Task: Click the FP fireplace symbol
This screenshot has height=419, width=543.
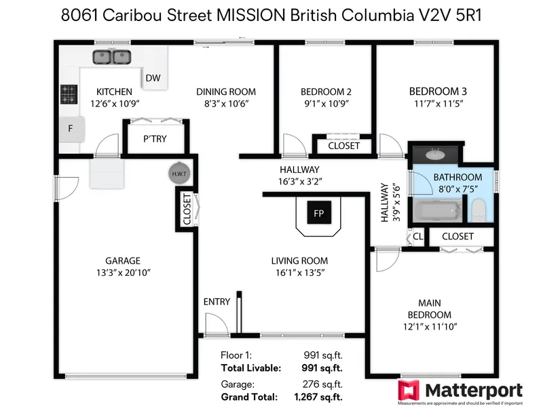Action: pos(318,212)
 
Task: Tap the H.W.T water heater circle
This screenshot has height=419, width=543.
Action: pos(179,174)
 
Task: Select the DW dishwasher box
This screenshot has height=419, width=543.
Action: pos(153,79)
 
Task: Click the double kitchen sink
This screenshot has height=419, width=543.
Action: pos(112,58)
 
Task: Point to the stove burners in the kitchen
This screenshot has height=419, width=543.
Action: pos(69,94)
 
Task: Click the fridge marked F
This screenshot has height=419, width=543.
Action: pos(70,128)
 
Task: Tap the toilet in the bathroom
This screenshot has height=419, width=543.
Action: pos(479,209)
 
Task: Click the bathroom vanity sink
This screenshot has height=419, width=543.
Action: pos(438,153)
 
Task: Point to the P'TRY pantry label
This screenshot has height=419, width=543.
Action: pos(155,140)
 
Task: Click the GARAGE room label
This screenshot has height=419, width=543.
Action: pos(122,260)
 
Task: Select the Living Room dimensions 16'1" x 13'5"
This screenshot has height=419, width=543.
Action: pos(299,273)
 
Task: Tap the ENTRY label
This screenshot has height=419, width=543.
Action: pos(217,302)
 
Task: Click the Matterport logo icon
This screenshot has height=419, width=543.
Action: pos(408,391)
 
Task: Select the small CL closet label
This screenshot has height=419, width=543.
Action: pos(418,237)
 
